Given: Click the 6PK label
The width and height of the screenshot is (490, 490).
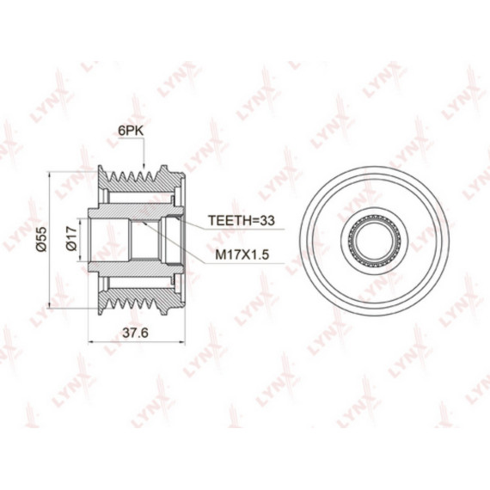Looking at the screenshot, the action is [131, 131].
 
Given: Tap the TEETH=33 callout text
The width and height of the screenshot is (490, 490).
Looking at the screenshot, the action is [242, 220].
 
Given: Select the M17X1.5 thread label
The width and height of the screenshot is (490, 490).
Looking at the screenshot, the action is [242, 254].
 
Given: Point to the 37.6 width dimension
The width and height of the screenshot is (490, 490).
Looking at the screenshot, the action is [135, 333].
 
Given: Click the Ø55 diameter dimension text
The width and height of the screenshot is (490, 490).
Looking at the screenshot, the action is [41, 239].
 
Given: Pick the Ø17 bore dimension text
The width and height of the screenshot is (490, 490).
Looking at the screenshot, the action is [71, 238].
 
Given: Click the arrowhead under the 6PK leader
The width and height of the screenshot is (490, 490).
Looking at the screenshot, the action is [144, 166].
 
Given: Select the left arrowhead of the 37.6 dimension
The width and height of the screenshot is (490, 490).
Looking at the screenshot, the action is [93, 342].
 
